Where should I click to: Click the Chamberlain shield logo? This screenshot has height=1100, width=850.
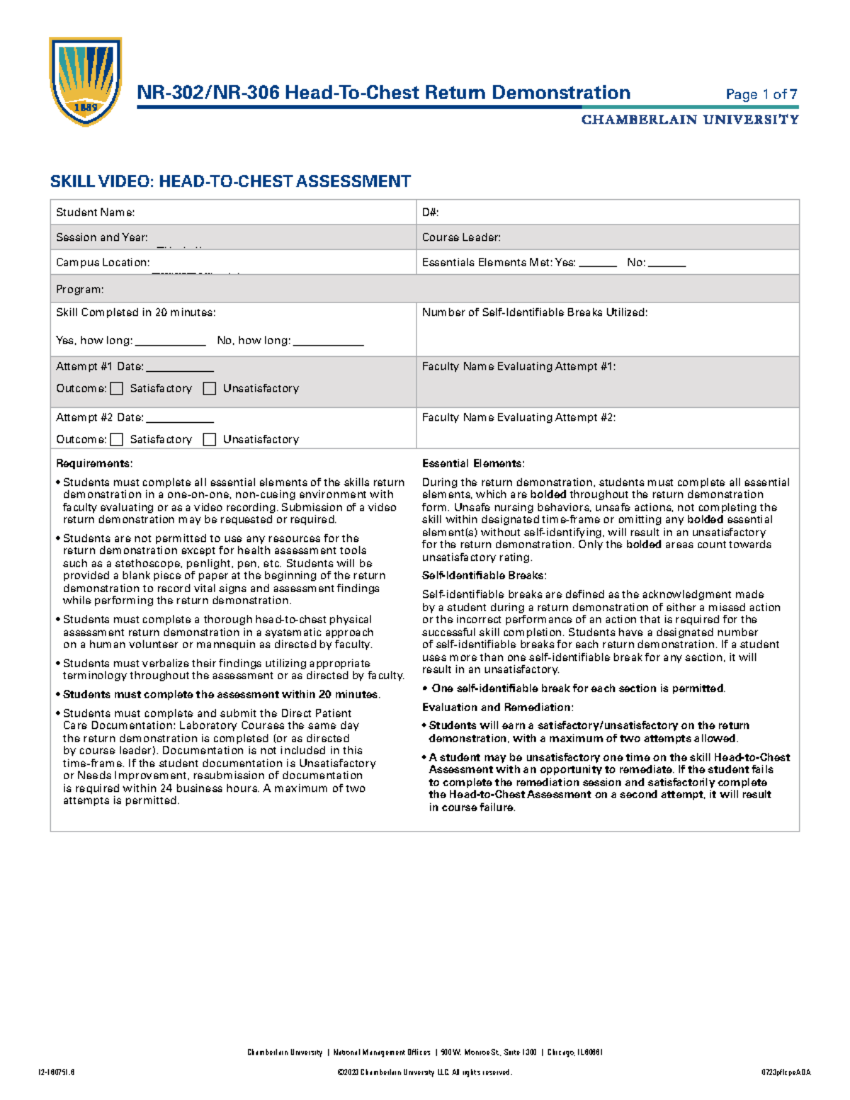(x=85, y=81)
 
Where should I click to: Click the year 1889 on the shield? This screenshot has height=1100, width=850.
(x=86, y=108)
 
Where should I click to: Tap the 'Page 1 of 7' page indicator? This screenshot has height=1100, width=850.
(x=761, y=94)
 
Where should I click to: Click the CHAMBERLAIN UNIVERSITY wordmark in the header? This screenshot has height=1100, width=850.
(x=690, y=120)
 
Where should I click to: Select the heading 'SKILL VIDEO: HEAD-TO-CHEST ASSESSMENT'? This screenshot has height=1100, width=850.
(x=230, y=181)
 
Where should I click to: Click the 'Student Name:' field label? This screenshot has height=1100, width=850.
(x=96, y=212)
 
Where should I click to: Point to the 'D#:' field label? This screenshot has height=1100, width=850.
(x=431, y=212)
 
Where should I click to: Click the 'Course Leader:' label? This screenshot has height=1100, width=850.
(x=461, y=237)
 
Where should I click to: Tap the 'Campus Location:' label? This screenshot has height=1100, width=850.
(x=103, y=262)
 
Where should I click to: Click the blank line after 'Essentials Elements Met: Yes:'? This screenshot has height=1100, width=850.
(x=598, y=264)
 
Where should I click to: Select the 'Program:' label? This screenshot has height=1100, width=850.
(x=80, y=289)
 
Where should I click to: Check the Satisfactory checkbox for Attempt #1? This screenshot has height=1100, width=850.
(x=117, y=388)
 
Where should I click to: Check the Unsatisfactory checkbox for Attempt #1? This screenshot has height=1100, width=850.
(x=210, y=388)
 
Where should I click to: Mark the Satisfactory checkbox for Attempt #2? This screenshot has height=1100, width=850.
(x=117, y=439)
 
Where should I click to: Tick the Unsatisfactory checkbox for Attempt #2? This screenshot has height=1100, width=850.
(x=210, y=439)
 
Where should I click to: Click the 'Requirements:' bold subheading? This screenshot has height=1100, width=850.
(x=94, y=463)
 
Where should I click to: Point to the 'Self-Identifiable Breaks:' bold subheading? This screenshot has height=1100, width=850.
(x=484, y=575)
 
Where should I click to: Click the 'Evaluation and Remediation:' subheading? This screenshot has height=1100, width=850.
(x=497, y=707)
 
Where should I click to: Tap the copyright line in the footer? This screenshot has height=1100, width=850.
(x=425, y=1072)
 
